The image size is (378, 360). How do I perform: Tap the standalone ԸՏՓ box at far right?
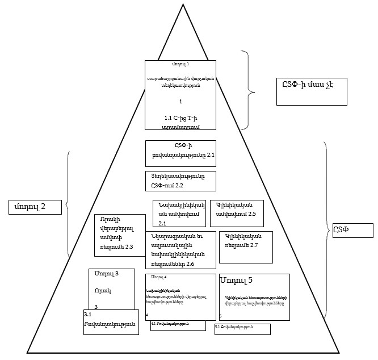(350, 231)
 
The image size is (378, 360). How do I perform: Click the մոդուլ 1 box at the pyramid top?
(180, 95)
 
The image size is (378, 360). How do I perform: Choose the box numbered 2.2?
(180, 181)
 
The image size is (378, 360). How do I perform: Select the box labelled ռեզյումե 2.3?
(120, 235)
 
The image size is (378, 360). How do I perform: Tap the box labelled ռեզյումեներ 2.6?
(180, 250)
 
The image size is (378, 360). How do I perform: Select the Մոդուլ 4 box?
(180, 296)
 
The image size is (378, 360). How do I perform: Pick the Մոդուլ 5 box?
(254, 297)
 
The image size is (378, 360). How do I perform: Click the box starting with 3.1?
(111, 322)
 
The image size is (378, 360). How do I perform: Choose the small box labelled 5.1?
(242, 329)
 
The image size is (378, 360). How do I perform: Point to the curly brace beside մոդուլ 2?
(68, 204)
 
